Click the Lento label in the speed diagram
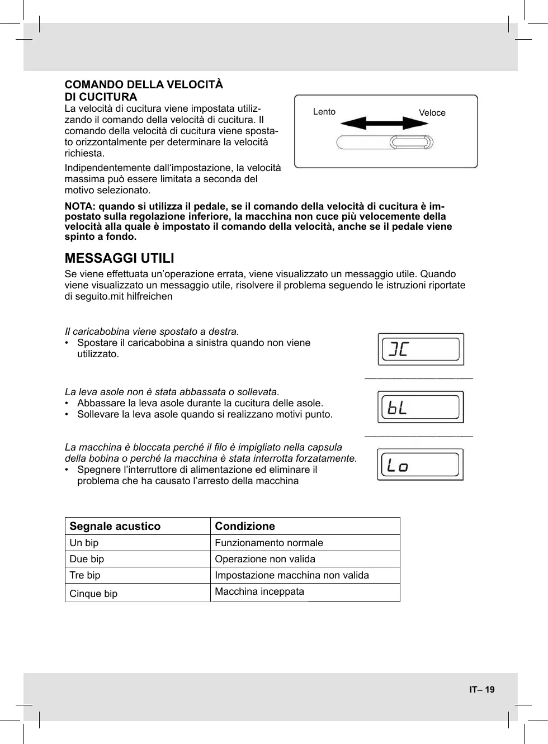tap(324, 112)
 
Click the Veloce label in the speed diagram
tap(432, 113)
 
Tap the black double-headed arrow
tap(384, 123)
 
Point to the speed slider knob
tap(411, 143)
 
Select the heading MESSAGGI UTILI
tap(119, 258)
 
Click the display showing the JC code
tap(421, 349)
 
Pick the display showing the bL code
tap(421, 407)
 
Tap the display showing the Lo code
tap(421, 465)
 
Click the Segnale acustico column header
tap(115, 526)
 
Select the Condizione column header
tap(245, 526)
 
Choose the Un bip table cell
tap(84, 543)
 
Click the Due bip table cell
tap(87, 559)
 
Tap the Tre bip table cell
tap(85, 575)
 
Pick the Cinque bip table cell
tap(93, 594)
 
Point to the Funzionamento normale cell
tap(269, 543)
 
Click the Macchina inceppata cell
tap(259, 591)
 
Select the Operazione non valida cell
tap(265, 559)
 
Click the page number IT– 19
tap(481, 689)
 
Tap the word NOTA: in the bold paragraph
tap(81, 207)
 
